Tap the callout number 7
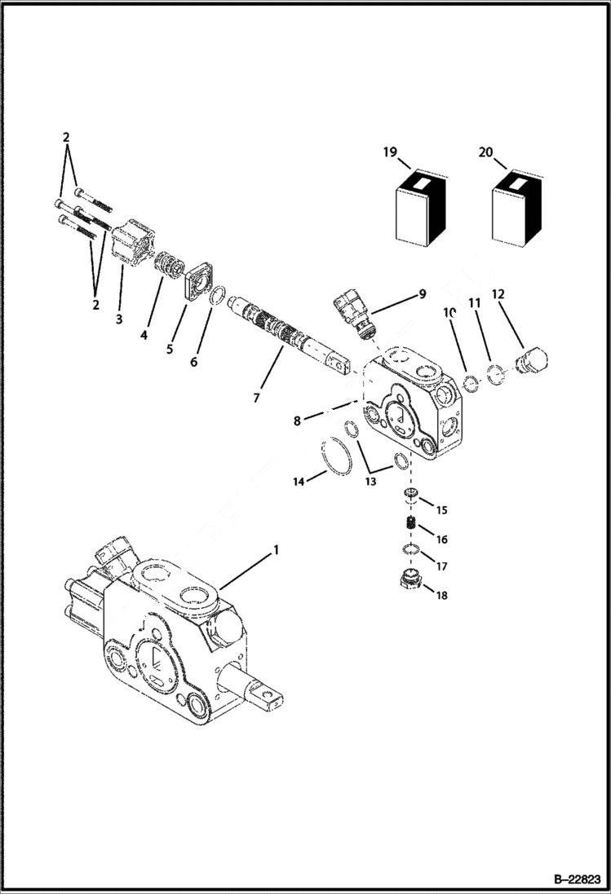click(255, 398)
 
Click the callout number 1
click(276, 551)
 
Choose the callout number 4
click(144, 334)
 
